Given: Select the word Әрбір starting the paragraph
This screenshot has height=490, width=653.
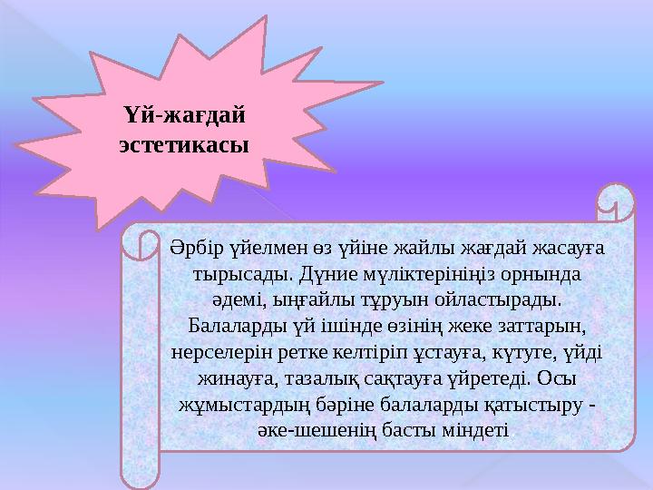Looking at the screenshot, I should (190, 247).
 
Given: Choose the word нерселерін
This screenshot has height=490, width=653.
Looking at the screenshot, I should (218, 350).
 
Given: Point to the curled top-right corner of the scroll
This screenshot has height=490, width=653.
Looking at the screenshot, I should (616, 204).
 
